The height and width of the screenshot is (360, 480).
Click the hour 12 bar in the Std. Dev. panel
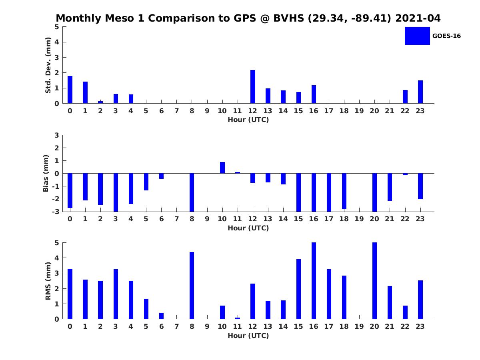[253, 87]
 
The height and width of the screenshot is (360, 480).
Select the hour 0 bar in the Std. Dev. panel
[70, 90]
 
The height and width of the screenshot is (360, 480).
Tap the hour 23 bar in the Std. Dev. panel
[420, 92]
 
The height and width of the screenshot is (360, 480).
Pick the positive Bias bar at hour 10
[222, 168]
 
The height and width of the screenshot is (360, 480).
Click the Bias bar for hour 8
[192, 192]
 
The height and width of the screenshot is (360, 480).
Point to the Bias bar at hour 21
[390, 187]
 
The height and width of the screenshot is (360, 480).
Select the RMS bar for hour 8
[192, 286]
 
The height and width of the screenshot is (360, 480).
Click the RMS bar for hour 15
[298, 289]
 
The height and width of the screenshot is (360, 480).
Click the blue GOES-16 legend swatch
[417, 36]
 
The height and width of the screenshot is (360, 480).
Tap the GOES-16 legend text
[446, 36]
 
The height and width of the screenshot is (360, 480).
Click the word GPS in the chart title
[242, 18]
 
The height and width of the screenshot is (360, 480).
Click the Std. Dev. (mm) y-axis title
[48, 65]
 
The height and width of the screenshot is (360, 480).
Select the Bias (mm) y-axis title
[46, 173]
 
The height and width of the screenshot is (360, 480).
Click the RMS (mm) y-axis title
[48, 281]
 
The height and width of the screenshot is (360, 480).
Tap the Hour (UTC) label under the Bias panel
[248, 228]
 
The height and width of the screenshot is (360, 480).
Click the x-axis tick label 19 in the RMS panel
[359, 326]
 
